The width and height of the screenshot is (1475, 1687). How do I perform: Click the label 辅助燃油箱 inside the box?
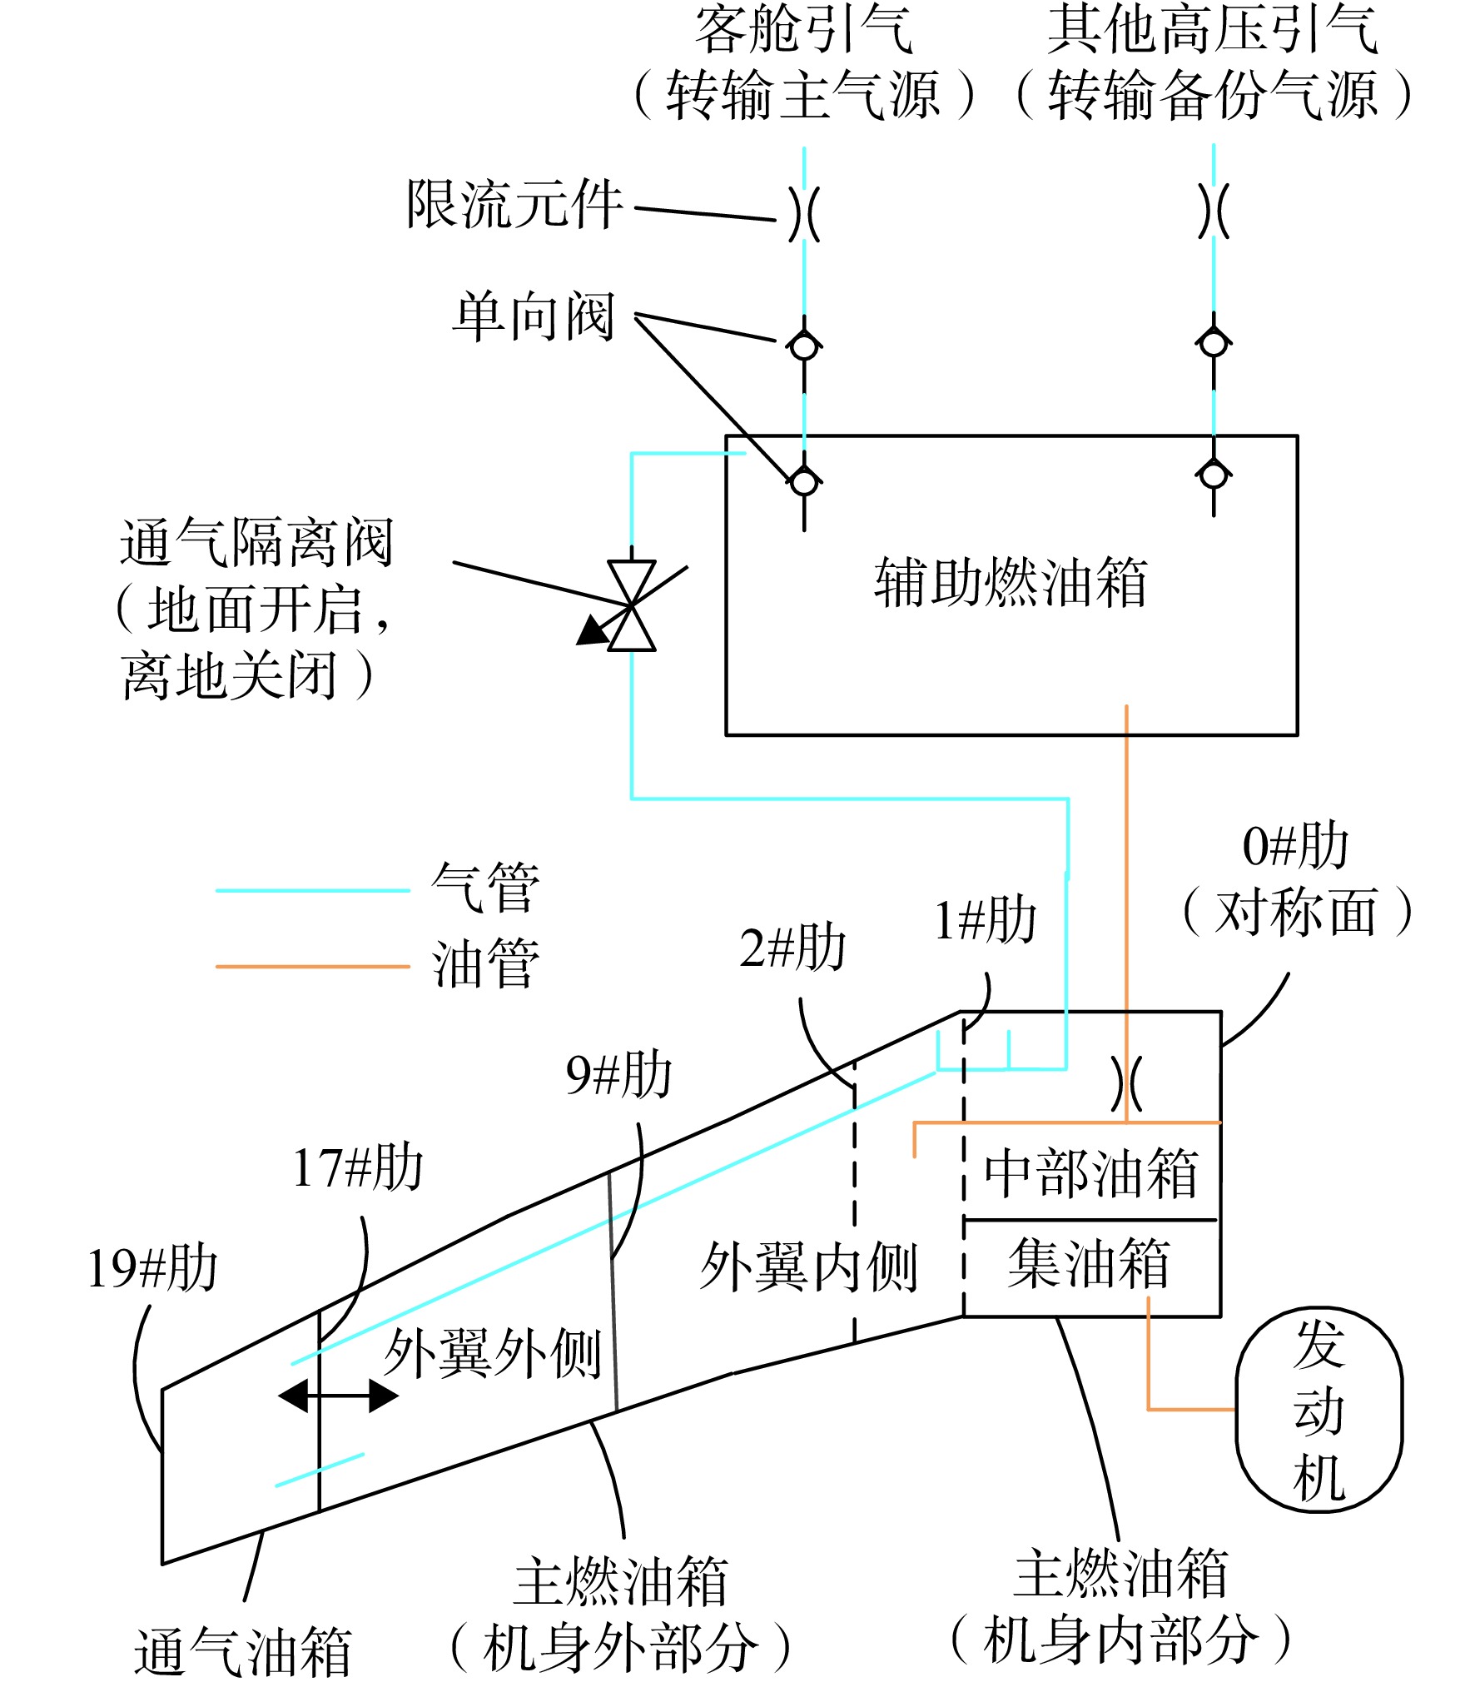pyautogui.click(x=1011, y=582)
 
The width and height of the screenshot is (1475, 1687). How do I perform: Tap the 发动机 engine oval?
pyautogui.click(x=1319, y=1408)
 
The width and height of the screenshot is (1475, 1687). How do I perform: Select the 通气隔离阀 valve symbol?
pyautogui.click(x=632, y=605)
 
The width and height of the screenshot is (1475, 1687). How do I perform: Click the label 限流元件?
pyautogui.click(x=514, y=205)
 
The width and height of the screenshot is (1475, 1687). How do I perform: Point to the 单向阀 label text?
pyautogui.click(x=534, y=316)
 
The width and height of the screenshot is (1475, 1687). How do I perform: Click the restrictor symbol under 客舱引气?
pyautogui.click(x=804, y=213)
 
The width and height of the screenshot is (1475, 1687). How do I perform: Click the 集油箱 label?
pyautogui.click(x=1089, y=1262)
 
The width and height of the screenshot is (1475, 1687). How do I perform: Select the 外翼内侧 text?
pyautogui.click(x=808, y=1266)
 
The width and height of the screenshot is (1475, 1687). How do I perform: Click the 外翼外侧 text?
pyautogui.click(x=492, y=1353)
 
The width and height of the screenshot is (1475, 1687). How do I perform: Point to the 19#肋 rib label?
pyautogui.click(x=152, y=1268)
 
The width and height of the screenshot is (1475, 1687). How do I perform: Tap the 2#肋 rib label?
pyautogui.click(x=792, y=947)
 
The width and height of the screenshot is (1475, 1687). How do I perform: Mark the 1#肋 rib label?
pyautogui.click(x=986, y=919)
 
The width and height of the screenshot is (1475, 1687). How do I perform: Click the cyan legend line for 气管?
pyautogui.click(x=313, y=890)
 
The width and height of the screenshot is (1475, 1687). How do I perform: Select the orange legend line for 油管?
pyautogui.click(x=313, y=966)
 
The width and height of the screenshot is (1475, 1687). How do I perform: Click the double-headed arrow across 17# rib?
pyautogui.click(x=338, y=1396)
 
